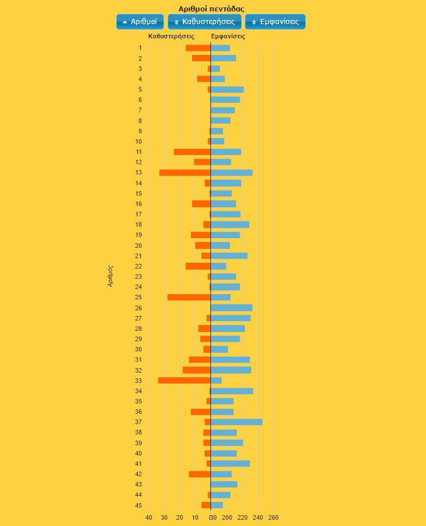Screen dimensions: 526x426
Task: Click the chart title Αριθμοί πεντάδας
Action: pyautogui.click(x=211, y=9)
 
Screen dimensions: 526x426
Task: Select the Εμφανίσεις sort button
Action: pyautogui.click(x=275, y=22)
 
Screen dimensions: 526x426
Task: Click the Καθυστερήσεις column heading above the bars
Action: pyautogui.click(x=171, y=36)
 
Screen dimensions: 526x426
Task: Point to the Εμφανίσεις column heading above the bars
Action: pyautogui.click(x=228, y=36)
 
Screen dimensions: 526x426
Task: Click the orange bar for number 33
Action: pyautogui.click(x=184, y=381)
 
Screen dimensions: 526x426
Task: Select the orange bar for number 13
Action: pyautogui.click(x=185, y=173)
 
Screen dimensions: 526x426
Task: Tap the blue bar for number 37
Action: pyautogui.click(x=237, y=422)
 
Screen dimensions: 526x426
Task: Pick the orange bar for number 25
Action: pyautogui.click(x=189, y=298)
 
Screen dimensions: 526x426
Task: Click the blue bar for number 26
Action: pyautogui.click(x=232, y=308)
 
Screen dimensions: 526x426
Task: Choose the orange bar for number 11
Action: pyautogui.click(x=192, y=152)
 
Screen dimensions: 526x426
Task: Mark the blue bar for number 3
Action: pyautogui.click(x=216, y=69)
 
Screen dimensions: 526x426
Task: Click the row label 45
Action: pyautogui.click(x=138, y=505)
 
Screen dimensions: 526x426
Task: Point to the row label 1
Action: pyautogui.click(x=140, y=48)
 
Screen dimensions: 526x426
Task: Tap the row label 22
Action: pyautogui.click(x=138, y=266)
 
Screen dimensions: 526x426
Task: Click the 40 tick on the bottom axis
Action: pyautogui.click(x=149, y=517)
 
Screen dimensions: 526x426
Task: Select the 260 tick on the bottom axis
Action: pyautogui.click(x=273, y=517)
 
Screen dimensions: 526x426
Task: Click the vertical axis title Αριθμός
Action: pyautogui.click(x=110, y=275)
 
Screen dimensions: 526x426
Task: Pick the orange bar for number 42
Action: pyautogui.click(x=200, y=474)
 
